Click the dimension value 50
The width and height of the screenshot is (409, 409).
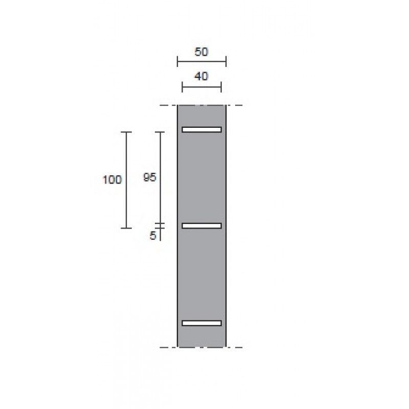pos(201,52)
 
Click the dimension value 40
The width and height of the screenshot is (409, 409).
pos(201,77)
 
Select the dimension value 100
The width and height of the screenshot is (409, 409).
pos(112,180)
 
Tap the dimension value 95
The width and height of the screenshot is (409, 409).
pos(149,177)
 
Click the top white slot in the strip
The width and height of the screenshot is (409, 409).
pos(201,129)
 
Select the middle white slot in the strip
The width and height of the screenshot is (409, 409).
pos(201,226)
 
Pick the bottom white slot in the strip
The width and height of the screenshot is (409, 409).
pos(201,323)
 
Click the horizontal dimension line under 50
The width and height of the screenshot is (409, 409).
pos(201,62)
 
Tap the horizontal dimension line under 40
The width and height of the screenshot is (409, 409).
pos(201,87)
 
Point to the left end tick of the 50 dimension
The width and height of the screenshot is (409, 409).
pos(177,62)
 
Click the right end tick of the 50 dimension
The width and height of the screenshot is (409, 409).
pos(226,62)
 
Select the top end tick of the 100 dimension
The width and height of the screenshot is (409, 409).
pos(126,132)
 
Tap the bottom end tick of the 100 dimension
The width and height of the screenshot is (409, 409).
pos(126,228)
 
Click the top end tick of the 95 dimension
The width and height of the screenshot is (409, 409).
pos(161,132)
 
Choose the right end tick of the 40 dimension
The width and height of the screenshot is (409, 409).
pos(221,87)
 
